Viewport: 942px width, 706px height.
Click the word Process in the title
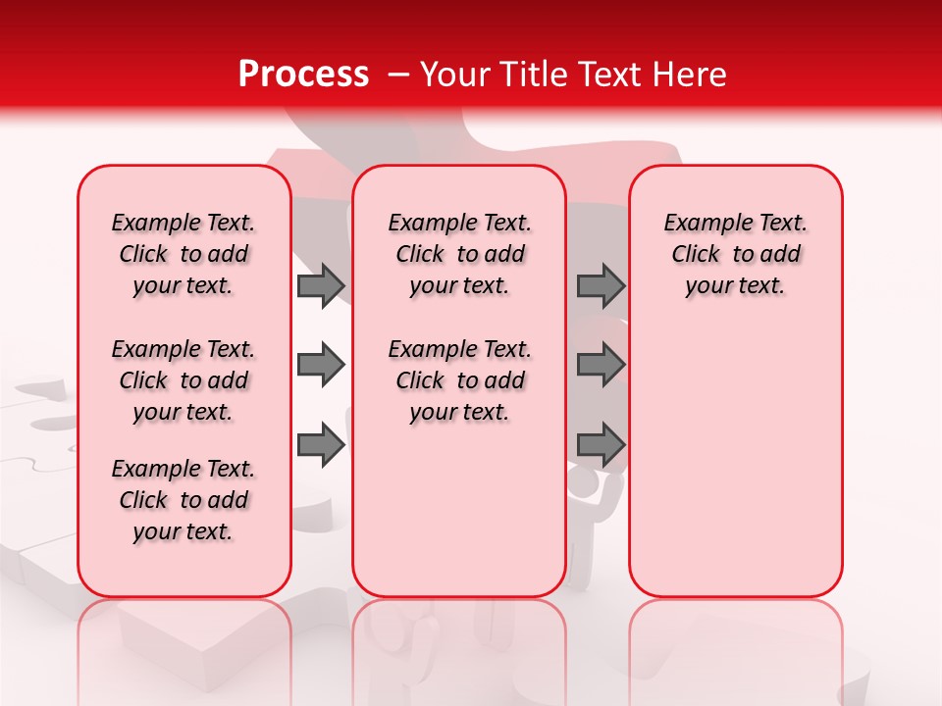[x=303, y=75]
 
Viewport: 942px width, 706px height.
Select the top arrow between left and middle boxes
[x=320, y=285]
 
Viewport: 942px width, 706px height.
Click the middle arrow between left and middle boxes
[x=320, y=365]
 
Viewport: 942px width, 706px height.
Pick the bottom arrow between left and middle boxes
[x=320, y=445]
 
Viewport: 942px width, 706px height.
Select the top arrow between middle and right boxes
[x=601, y=285]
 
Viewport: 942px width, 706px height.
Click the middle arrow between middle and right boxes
[x=601, y=365]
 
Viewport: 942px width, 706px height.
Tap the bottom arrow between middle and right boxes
[x=601, y=445]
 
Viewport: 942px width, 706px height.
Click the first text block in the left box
[x=183, y=254]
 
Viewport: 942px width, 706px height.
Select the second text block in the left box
[x=183, y=380]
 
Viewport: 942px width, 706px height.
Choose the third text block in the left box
[x=183, y=500]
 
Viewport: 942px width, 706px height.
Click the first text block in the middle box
[x=459, y=254]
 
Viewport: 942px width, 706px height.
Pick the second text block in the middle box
[x=459, y=380]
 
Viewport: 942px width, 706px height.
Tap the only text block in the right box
[x=735, y=254]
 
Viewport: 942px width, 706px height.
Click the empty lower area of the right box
[x=735, y=471]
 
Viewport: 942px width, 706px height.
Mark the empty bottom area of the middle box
[x=459, y=520]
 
